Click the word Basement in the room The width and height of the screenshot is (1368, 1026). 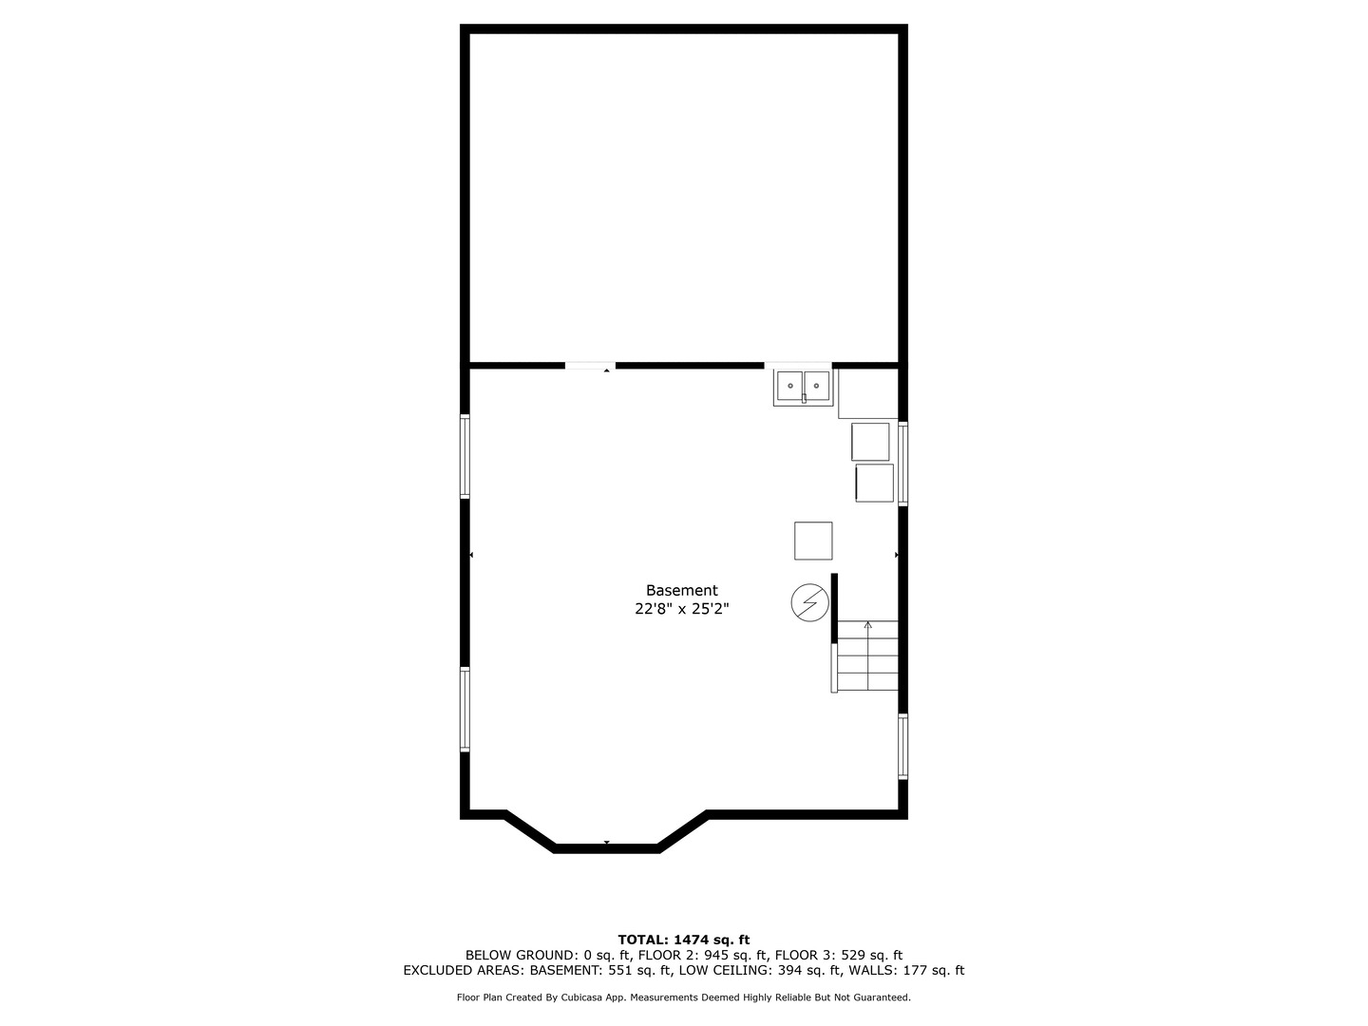pyautogui.click(x=681, y=591)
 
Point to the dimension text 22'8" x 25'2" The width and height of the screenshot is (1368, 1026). pyautogui.click(x=681, y=609)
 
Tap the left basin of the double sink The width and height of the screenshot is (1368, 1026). pyautogui.click(x=789, y=387)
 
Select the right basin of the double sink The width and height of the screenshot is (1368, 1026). pyautogui.click(x=816, y=387)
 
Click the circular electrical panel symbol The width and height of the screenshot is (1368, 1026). pyautogui.click(x=810, y=602)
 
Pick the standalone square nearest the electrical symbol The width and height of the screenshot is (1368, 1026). pyautogui.click(x=813, y=541)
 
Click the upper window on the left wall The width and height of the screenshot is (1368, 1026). pyautogui.click(x=465, y=456)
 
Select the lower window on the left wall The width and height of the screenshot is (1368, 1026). pyautogui.click(x=465, y=709)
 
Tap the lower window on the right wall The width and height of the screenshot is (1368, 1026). pyautogui.click(x=903, y=747)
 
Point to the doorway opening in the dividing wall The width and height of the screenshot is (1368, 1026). pyautogui.click(x=590, y=366)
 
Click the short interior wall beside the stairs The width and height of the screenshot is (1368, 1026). pyautogui.click(x=834, y=608)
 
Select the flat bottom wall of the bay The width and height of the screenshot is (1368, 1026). pyautogui.click(x=606, y=848)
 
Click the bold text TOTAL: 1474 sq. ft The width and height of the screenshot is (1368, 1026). pyautogui.click(x=684, y=940)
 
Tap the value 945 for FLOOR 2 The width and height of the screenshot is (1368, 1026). pyautogui.click(x=716, y=955)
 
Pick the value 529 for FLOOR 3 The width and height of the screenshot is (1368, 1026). pyautogui.click(x=853, y=955)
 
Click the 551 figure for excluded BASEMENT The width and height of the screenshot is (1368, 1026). pyautogui.click(x=621, y=970)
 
